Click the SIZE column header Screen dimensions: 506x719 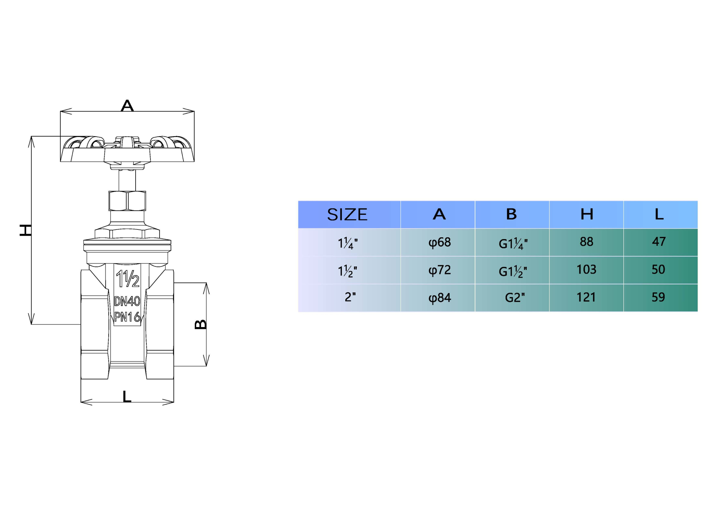click(x=347, y=214)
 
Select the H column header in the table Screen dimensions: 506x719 click(x=586, y=214)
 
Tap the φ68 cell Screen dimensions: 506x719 click(x=439, y=243)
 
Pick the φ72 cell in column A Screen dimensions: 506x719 click(x=439, y=270)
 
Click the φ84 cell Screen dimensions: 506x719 click(x=439, y=298)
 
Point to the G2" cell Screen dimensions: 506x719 click(x=515, y=298)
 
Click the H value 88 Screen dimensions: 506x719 click(x=586, y=242)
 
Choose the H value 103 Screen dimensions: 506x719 click(x=586, y=269)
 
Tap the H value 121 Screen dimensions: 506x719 click(x=586, y=297)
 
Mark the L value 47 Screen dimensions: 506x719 click(x=659, y=242)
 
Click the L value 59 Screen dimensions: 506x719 click(x=658, y=297)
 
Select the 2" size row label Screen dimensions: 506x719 click(x=350, y=297)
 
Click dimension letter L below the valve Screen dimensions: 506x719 click(x=127, y=396)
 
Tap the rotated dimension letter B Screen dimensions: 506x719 click(x=201, y=324)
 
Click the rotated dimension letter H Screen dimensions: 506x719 click(x=25, y=230)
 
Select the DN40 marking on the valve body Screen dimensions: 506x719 click(x=127, y=301)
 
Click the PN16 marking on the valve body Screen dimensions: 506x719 click(x=127, y=317)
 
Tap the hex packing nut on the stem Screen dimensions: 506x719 click(x=127, y=201)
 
